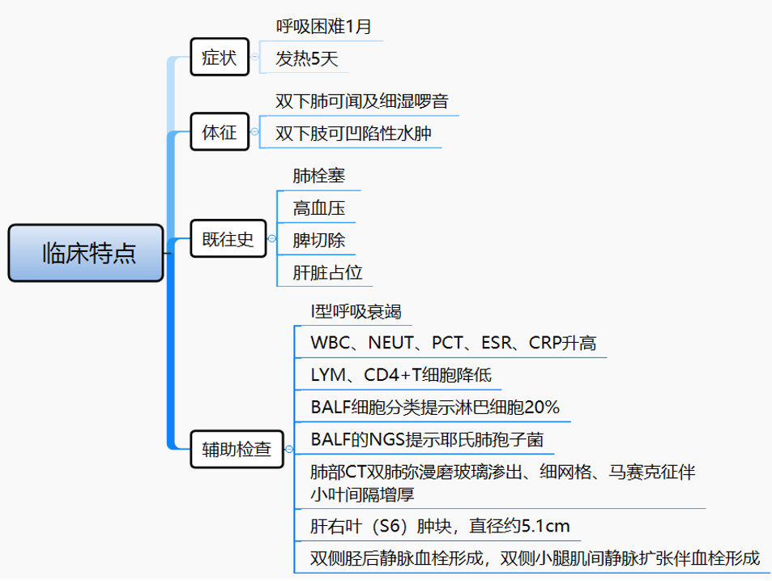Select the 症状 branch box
point(220,57)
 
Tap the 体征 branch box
point(220,132)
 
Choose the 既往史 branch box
point(228,239)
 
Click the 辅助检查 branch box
point(237,449)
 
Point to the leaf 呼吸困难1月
point(324,26)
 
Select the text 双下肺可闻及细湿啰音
point(361,101)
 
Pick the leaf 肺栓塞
point(318,175)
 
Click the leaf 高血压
point(318,208)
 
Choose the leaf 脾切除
point(318,241)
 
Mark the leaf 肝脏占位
point(327,273)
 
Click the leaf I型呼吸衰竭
point(356,312)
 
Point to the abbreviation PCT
point(446,344)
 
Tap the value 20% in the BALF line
point(542,408)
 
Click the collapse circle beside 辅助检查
point(289,449)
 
